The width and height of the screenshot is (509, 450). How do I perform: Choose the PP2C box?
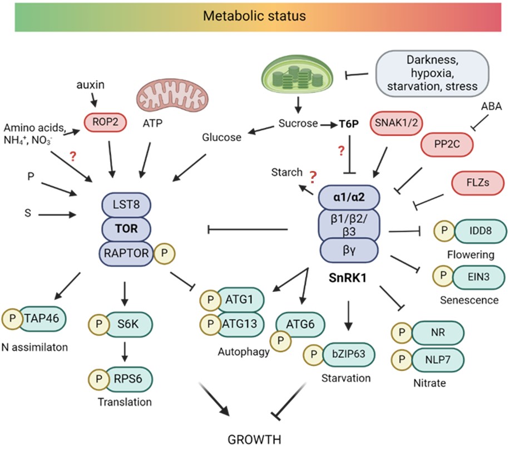click(x=446, y=144)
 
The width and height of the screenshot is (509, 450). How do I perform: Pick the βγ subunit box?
click(x=349, y=248)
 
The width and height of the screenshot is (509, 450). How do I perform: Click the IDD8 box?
click(x=481, y=231)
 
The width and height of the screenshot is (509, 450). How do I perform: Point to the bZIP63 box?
click(x=346, y=354)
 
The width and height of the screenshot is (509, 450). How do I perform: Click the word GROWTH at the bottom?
click(x=254, y=439)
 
